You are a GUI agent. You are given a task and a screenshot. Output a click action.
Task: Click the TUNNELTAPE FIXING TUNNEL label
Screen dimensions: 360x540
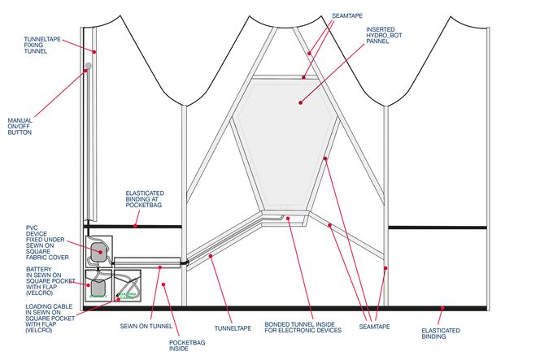36,46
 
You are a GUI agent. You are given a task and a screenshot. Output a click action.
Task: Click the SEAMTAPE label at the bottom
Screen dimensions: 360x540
374,326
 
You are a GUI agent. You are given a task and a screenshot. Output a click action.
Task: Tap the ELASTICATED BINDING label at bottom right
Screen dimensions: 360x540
441,334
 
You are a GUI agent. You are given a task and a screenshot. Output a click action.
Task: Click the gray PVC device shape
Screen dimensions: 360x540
98,252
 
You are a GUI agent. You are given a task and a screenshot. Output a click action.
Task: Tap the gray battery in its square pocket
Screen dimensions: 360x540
98,287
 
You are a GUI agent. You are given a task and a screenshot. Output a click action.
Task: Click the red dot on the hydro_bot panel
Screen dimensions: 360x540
299,103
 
